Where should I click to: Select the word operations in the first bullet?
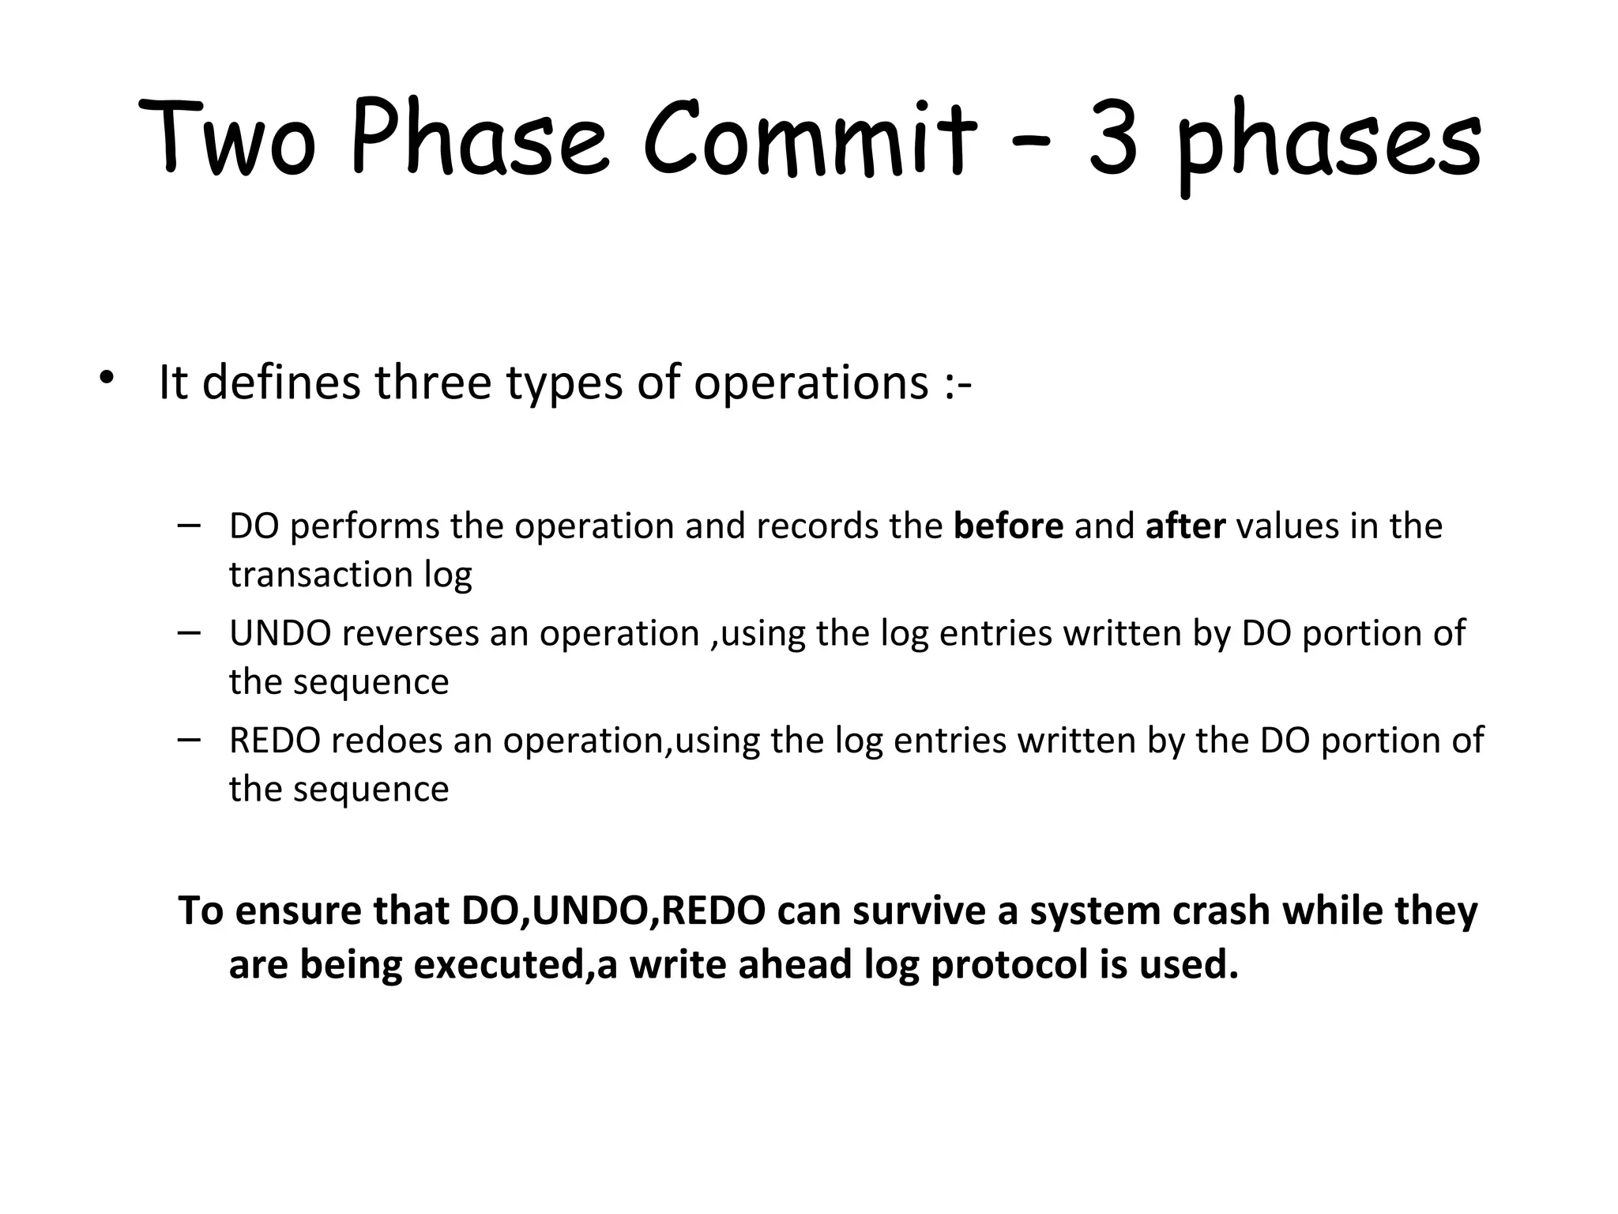click(811, 384)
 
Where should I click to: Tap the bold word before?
click(1008, 526)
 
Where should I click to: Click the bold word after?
click(1185, 526)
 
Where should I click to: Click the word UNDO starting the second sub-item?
click(280, 634)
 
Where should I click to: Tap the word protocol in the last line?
click(1010, 966)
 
